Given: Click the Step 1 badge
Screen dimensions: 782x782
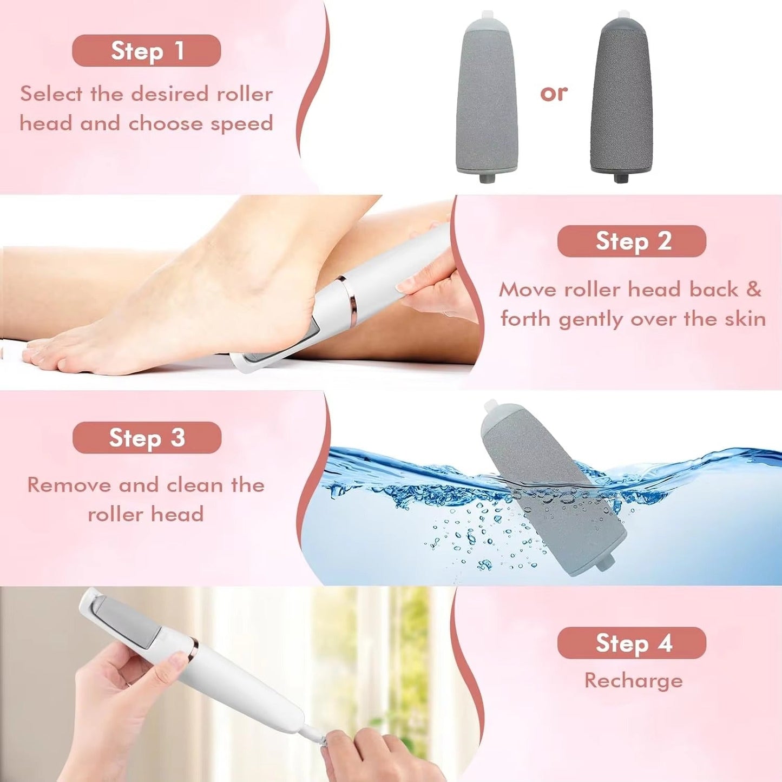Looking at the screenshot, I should pos(146,51).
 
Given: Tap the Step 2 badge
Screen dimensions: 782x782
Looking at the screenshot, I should pos(632,241).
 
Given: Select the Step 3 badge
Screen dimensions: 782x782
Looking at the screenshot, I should pos(147,438).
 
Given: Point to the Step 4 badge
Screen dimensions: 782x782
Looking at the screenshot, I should pos(632,643).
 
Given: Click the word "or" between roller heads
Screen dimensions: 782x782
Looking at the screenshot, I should pos(553,93).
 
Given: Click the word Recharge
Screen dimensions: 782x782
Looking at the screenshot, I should pos(633,680).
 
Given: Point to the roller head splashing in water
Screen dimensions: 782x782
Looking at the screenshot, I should pos(552,487).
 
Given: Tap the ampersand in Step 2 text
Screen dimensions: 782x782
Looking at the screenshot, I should pos(754,290).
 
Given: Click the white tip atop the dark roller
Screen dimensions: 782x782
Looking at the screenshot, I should pos(622,15).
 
